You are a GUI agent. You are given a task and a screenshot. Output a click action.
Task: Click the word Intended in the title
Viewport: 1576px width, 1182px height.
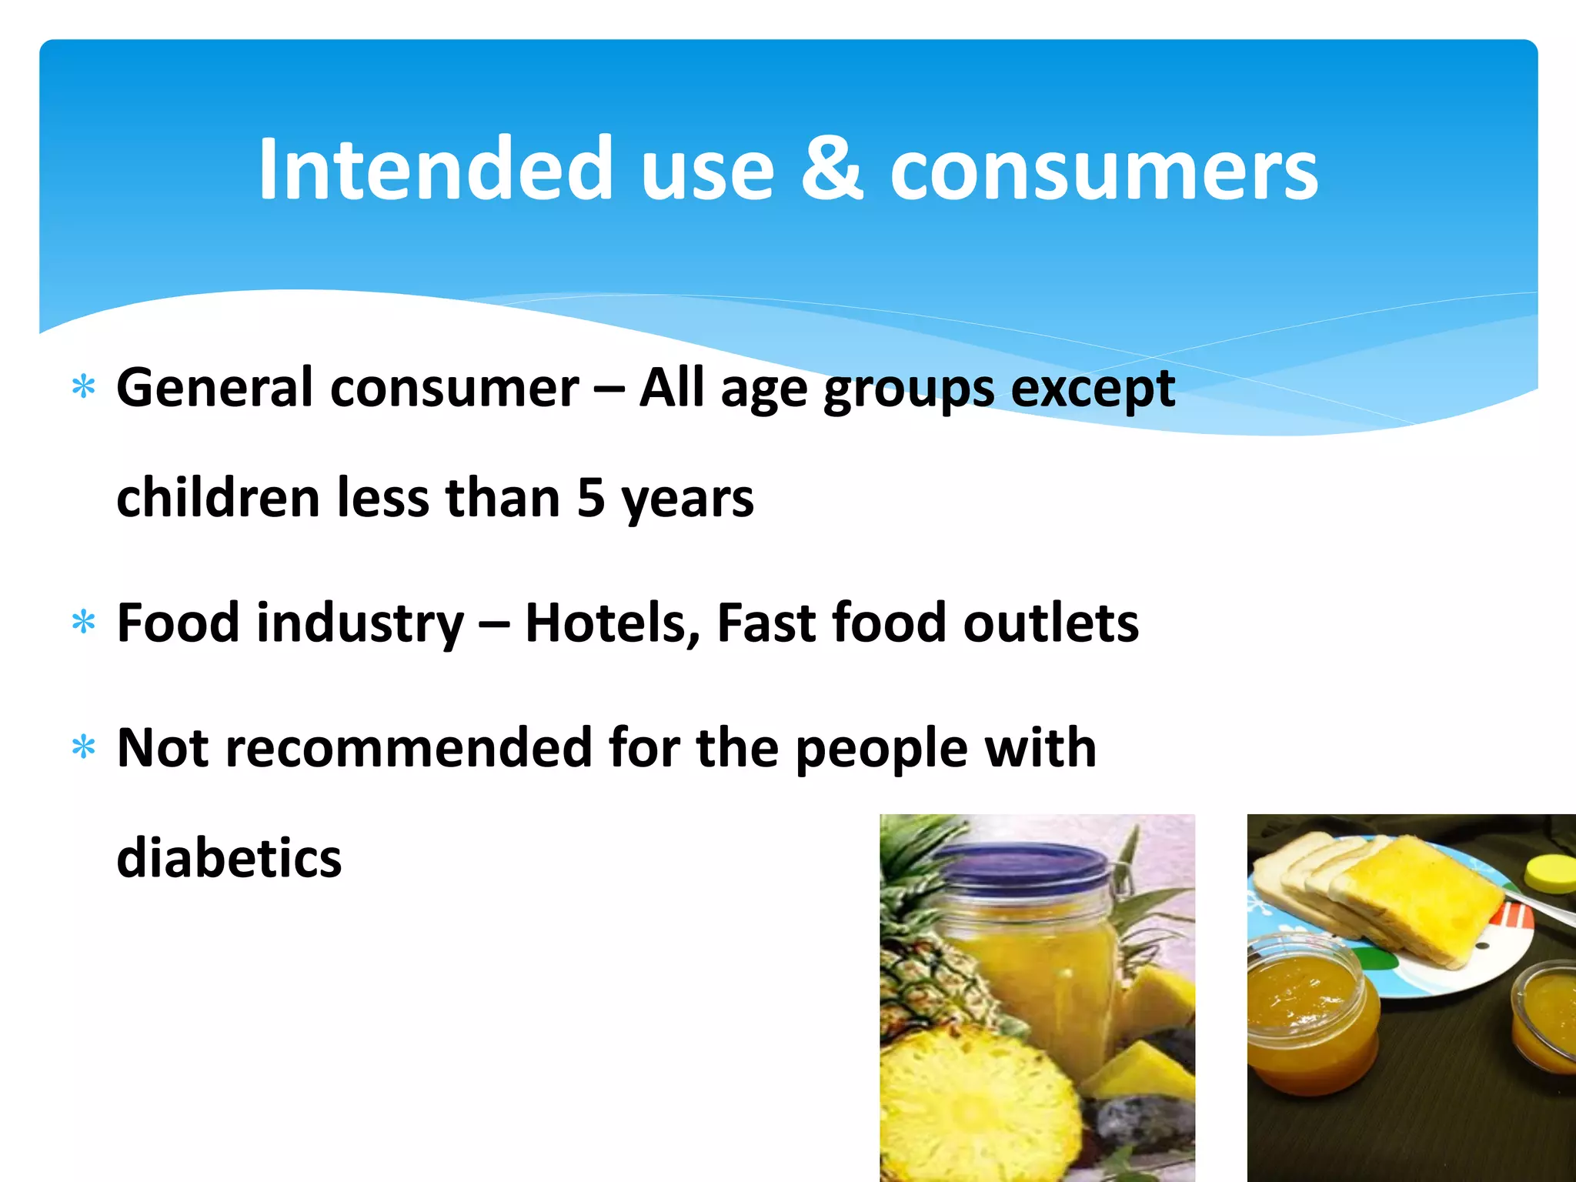tap(435, 169)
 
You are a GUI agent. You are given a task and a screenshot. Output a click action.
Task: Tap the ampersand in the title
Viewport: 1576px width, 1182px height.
tap(831, 169)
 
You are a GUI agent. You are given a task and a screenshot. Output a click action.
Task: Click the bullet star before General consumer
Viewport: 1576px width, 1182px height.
tap(83, 387)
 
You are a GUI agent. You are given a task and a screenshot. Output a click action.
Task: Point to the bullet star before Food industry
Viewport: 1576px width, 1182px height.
tap(83, 622)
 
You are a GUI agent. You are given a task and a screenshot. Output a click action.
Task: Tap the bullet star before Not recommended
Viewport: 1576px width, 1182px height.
tap(83, 747)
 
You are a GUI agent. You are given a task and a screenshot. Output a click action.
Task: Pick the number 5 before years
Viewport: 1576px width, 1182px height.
tap(591, 498)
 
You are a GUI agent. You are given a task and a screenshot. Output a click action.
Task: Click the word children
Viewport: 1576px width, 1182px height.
tap(218, 498)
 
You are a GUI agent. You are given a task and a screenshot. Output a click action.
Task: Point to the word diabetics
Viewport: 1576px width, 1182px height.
tap(229, 857)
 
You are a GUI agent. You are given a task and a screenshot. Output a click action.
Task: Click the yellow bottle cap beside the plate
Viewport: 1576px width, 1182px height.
tap(1551, 873)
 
